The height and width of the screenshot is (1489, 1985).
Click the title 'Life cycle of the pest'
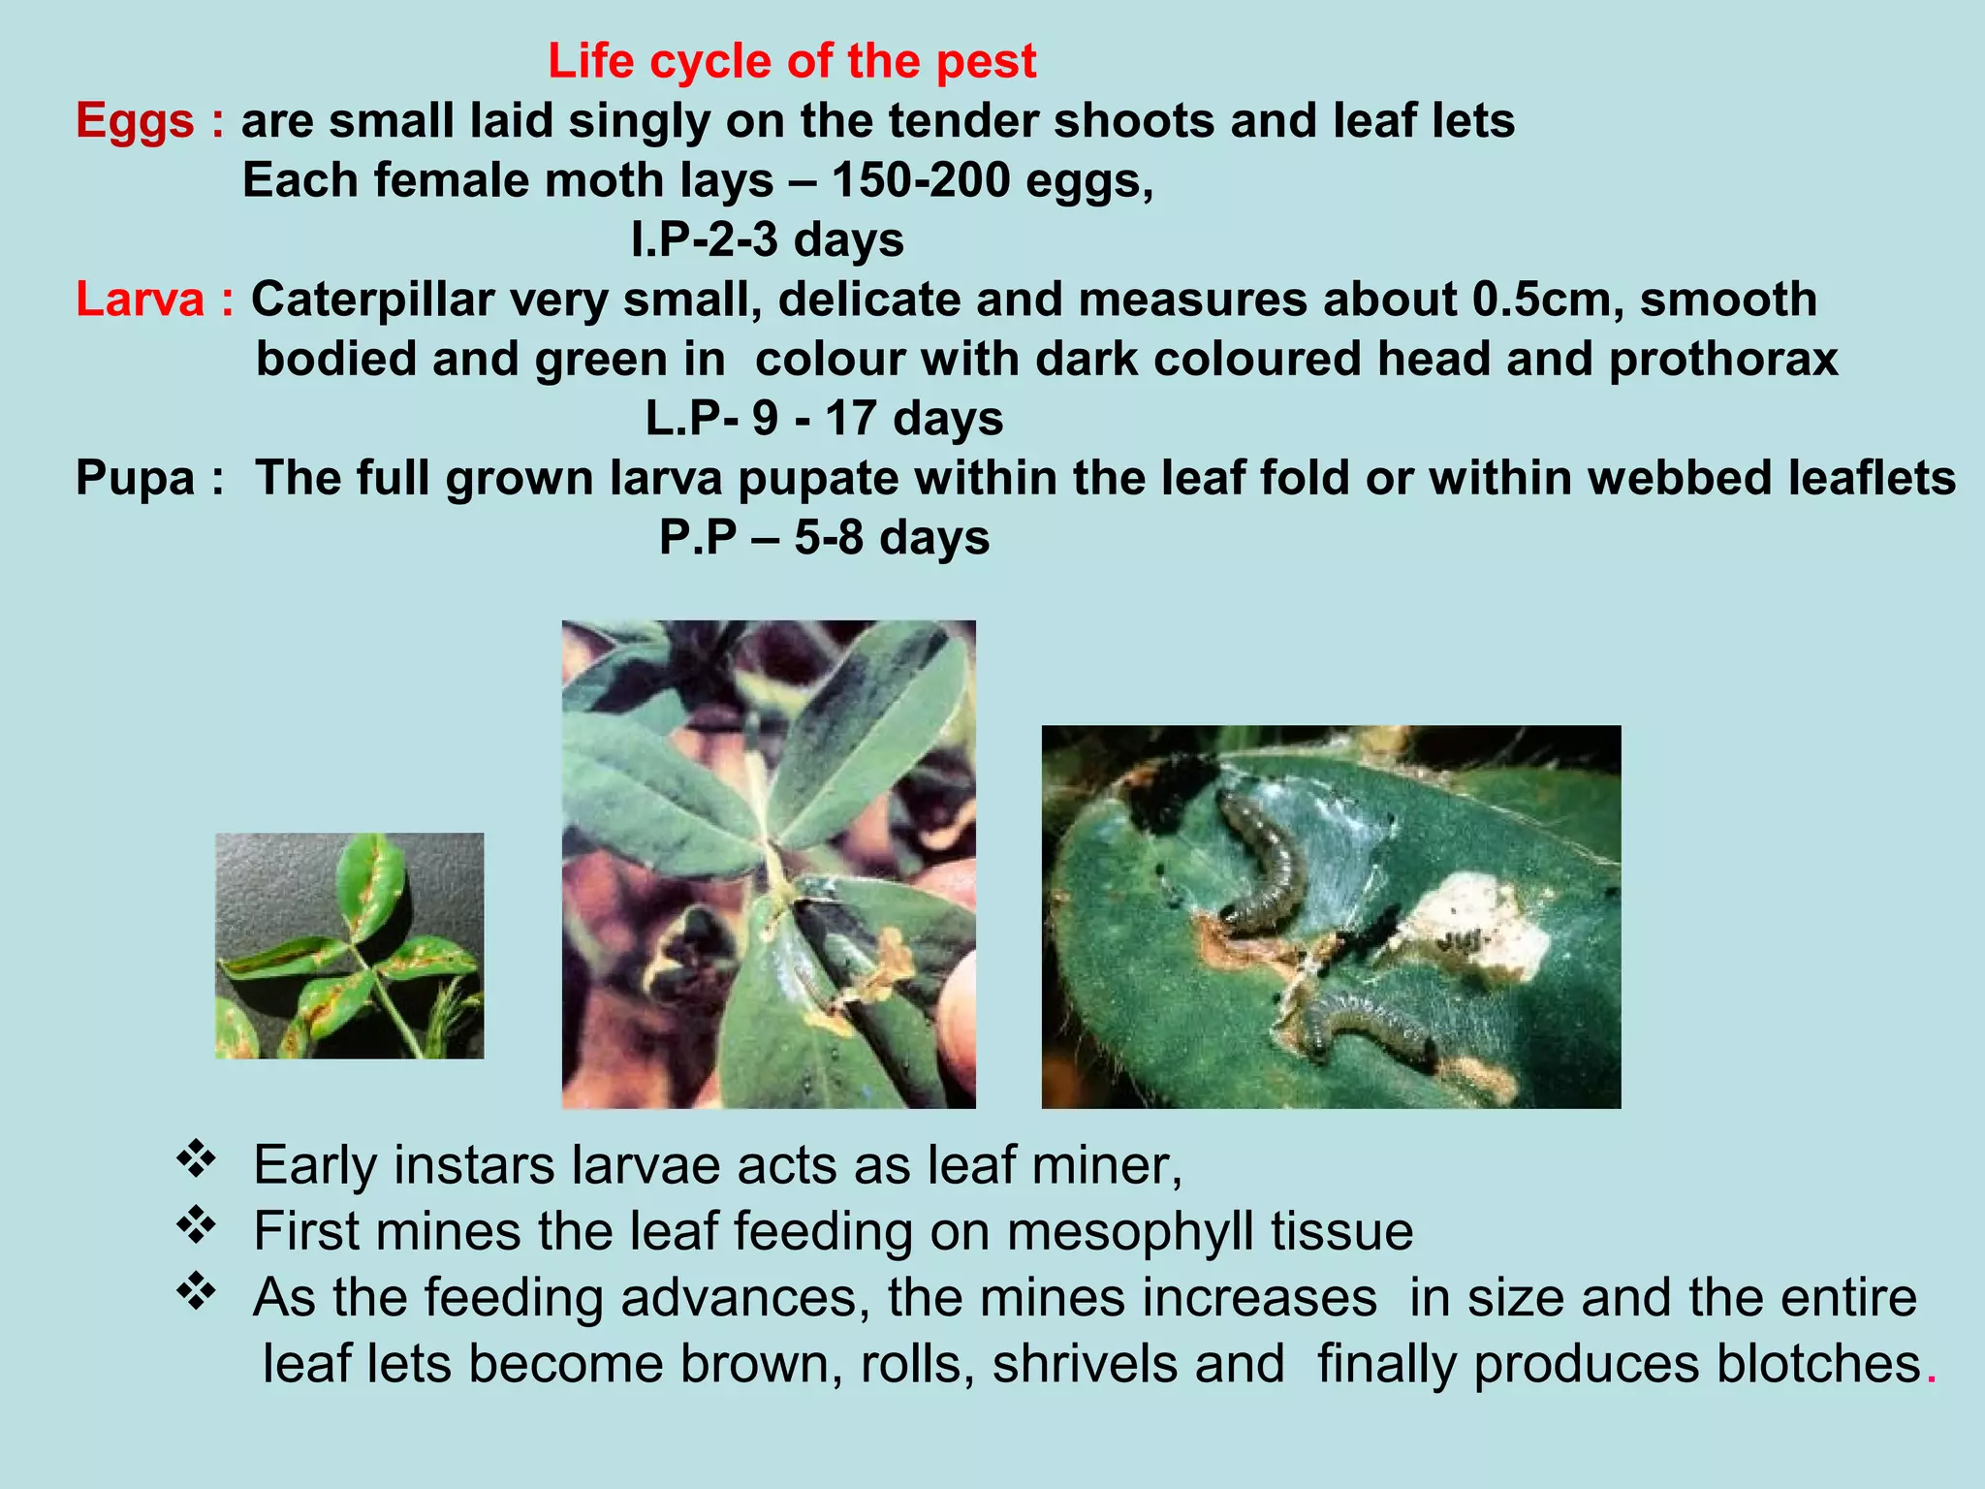tap(791, 61)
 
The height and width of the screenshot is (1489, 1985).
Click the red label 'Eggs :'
tap(150, 122)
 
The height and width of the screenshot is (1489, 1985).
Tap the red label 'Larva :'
tap(155, 300)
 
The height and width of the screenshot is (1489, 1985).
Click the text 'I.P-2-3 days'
tap(767, 239)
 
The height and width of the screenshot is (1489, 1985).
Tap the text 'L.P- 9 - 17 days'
tap(824, 419)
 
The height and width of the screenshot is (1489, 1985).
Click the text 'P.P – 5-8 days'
tap(824, 538)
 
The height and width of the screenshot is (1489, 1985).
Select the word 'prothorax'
tap(1722, 360)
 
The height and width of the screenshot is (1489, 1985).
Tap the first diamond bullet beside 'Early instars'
tap(196, 1159)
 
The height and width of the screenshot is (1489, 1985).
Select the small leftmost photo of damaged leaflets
tap(349, 945)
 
